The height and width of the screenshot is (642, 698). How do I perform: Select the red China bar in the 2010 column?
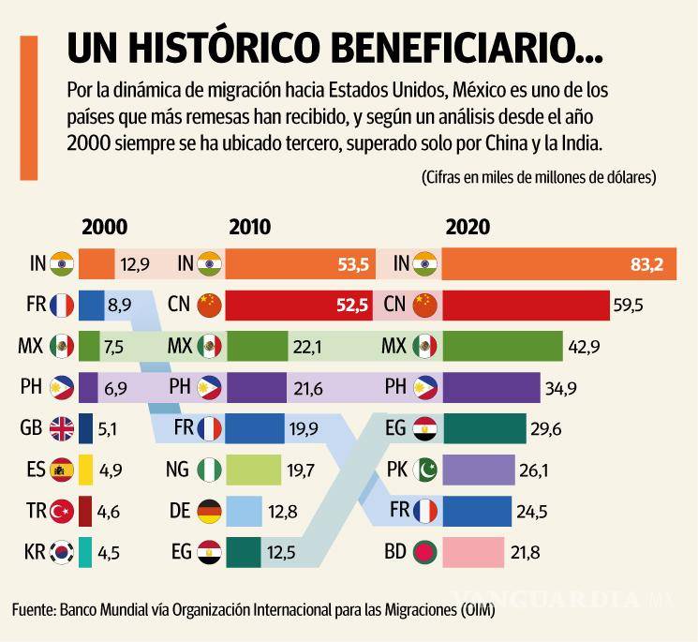point(300,305)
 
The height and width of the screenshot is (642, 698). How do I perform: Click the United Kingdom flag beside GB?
point(63,428)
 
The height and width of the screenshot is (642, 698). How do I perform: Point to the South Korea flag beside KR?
point(63,551)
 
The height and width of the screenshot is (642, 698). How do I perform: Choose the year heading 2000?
point(104,228)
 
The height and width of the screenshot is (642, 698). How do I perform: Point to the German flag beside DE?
point(208,511)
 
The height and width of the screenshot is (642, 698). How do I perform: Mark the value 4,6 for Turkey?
point(109,511)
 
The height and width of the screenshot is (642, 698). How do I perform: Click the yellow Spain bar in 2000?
point(84,470)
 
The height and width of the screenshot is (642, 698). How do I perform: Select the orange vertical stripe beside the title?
point(29,106)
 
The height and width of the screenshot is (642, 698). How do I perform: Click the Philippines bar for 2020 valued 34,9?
point(491,387)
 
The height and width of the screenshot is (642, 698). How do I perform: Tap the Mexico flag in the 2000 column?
point(63,347)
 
